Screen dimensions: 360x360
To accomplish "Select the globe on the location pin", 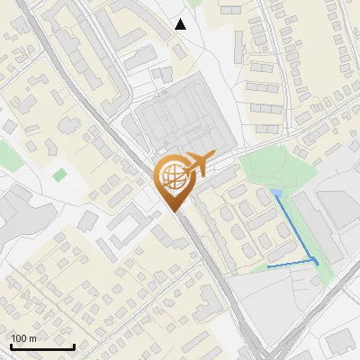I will click(x=171, y=175).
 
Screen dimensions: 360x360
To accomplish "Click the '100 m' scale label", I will click(x=23, y=339).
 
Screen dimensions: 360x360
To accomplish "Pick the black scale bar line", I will click(x=41, y=347).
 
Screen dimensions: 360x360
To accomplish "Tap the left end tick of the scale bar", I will click(x=11, y=346).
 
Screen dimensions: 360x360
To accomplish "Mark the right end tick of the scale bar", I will click(x=73, y=346).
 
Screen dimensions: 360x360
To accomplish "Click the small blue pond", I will click(x=276, y=193).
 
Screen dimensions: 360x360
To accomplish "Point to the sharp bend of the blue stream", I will click(x=316, y=260).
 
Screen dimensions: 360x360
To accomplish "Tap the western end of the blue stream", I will click(x=269, y=266).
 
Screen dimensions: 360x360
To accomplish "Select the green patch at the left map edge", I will click(x=7, y=153).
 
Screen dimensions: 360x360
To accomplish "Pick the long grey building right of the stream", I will click(x=319, y=225).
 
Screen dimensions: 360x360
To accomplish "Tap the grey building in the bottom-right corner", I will click(x=340, y=342).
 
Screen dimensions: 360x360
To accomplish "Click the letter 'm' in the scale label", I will click(x=33, y=339).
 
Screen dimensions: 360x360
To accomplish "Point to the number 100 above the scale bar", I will click(x=19, y=339).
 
